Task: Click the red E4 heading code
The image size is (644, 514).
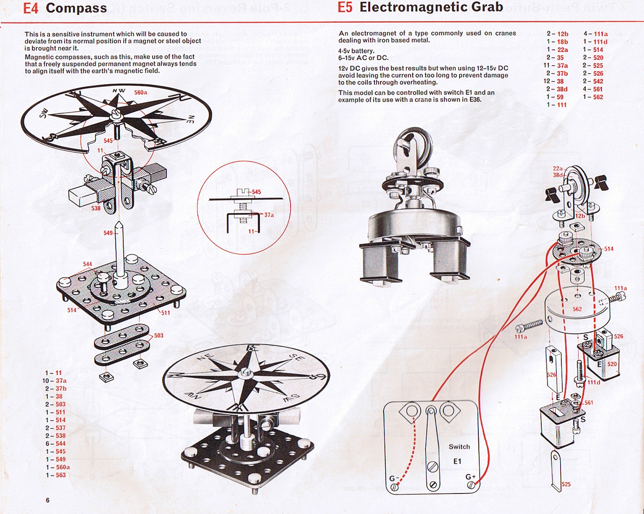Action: [x=30, y=8]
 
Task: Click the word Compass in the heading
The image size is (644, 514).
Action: [x=76, y=8]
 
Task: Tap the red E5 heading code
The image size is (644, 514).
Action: [x=345, y=8]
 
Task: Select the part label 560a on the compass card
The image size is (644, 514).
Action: [x=140, y=92]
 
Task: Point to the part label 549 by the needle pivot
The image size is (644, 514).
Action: [x=108, y=233]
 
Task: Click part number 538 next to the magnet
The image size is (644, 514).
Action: [x=96, y=208]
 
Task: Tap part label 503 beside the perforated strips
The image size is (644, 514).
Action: [x=158, y=336]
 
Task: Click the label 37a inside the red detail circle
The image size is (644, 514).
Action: [x=269, y=215]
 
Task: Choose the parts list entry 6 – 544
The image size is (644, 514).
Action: [x=56, y=444]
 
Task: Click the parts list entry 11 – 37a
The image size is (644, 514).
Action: [x=556, y=65]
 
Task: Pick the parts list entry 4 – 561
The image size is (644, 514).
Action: [x=593, y=89]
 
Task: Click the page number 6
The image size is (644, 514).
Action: [x=48, y=500]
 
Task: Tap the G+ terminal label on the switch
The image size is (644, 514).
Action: [x=470, y=477]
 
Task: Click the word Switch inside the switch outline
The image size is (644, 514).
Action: [x=459, y=447]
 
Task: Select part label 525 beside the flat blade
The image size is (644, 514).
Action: [x=566, y=484]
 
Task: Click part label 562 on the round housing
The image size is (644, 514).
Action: [x=577, y=309]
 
